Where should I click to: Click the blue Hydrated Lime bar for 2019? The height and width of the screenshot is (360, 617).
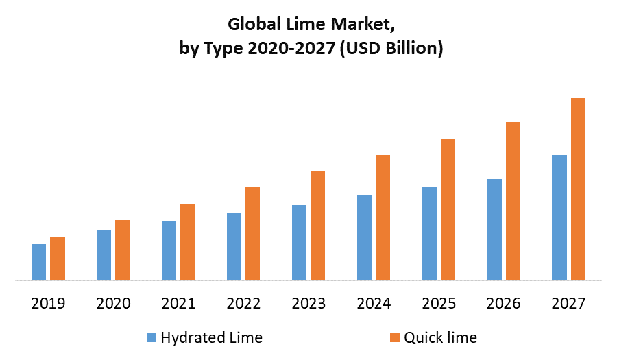click(38, 262)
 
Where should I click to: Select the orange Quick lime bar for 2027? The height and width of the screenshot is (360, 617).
click(579, 189)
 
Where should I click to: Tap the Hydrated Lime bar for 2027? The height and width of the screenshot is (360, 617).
click(559, 217)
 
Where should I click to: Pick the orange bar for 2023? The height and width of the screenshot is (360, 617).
click(318, 226)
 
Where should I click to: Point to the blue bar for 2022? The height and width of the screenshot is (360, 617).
click(234, 247)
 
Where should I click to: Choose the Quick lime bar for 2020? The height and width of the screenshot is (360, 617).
click(122, 250)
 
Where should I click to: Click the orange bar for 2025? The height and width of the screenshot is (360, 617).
click(448, 209)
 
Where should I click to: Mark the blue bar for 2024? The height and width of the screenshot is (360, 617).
click(364, 238)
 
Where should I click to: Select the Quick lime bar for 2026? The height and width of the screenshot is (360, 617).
click(513, 201)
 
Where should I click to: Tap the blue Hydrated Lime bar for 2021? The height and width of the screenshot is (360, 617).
click(169, 251)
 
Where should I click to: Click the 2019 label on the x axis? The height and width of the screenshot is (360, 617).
click(48, 303)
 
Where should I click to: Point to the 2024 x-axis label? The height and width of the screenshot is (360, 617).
click(373, 303)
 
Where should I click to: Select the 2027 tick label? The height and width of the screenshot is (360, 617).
click(568, 303)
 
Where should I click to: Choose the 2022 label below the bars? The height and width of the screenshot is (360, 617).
click(243, 303)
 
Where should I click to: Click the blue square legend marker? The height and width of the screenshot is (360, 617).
click(151, 337)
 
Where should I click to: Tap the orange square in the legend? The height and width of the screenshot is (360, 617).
click(394, 337)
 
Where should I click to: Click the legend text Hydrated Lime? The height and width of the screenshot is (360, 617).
click(211, 337)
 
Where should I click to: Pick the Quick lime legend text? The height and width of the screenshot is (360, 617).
click(440, 337)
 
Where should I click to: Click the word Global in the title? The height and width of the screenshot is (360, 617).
click(253, 26)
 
